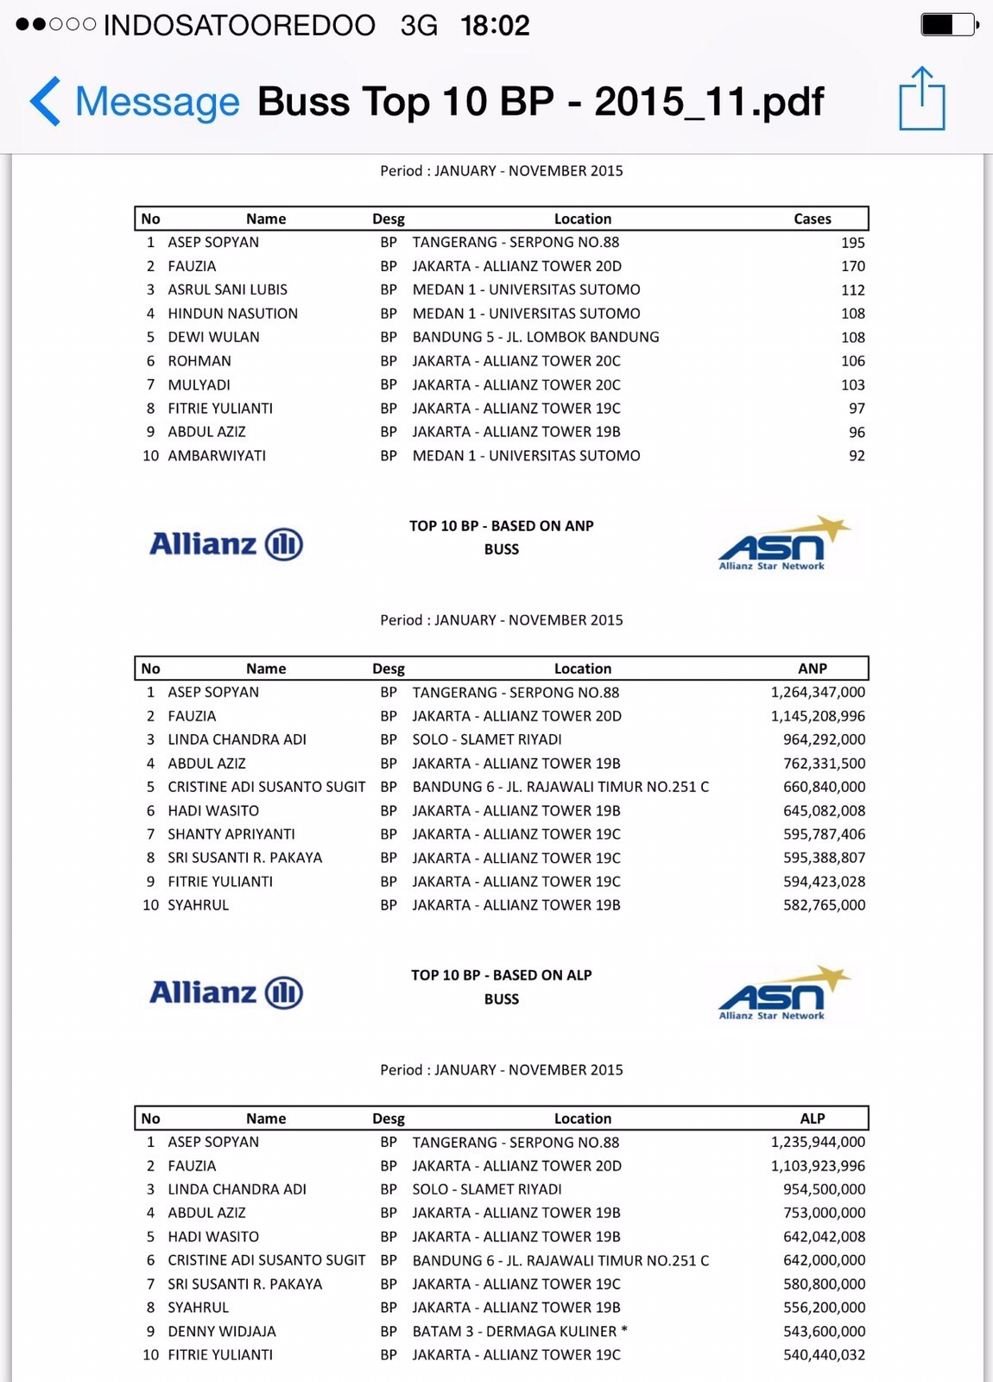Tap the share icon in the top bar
(921, 99)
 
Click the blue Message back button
(135, 101)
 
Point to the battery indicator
(949, 24)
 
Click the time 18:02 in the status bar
(495, 25)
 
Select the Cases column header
(812, 219)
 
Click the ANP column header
(812, 669)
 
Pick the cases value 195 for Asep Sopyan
(852, 243)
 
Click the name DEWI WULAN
(213, 337)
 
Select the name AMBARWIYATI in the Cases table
(217, 455)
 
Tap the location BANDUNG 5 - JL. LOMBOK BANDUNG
(535, 337)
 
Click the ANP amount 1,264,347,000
(818, 692)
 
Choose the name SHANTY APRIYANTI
(231, 834)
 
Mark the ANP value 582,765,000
(824, 905)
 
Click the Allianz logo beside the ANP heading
(226, 544)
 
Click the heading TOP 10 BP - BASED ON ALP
(501, 975)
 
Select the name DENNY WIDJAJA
(222, 1331)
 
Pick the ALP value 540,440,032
(824, 1355)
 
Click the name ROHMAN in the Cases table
(199, 361)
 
